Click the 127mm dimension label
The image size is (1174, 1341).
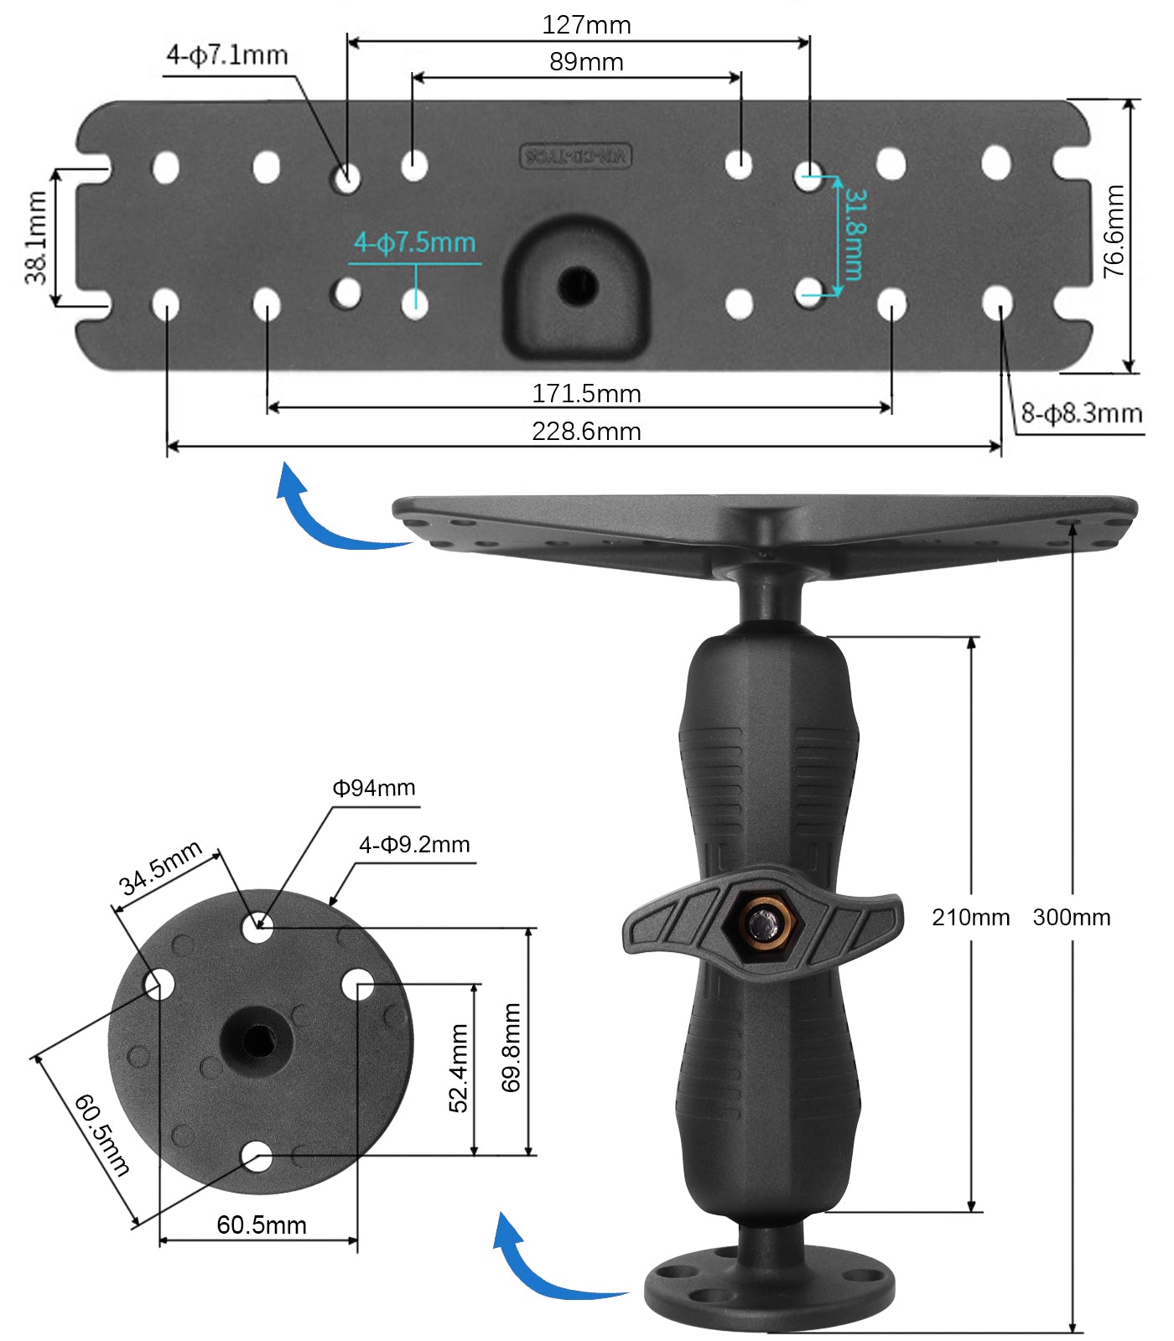[x=586, y=25]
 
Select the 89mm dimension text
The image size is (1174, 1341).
[x=586, y=62]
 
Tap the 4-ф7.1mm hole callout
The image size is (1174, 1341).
[x=227, y=55]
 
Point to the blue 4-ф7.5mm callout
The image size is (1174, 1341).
[x=414, y=243]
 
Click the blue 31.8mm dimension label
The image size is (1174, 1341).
[x=855, y=234]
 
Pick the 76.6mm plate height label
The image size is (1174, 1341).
[x=1114, y=232]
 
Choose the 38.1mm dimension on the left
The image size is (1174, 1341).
[x=36, y=238]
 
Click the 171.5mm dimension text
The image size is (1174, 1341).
[x=586, y=393]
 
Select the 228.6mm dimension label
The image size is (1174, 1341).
[x=586, y=432]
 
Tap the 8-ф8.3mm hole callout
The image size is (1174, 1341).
[x=1081, y=413]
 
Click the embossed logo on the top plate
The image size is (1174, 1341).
[x=575, y=156]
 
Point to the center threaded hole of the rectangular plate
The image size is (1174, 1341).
[x=578, y=287]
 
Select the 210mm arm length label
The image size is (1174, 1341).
[x=970, y=917]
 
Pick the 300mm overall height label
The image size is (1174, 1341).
[x=1071, y=917]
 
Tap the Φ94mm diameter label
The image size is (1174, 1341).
[x=373, y=788]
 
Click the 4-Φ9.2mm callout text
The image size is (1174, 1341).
[x=414, y=845]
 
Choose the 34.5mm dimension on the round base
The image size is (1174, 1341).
[x=160, y=868]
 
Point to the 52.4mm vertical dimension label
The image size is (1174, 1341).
[x=459, y=1068]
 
